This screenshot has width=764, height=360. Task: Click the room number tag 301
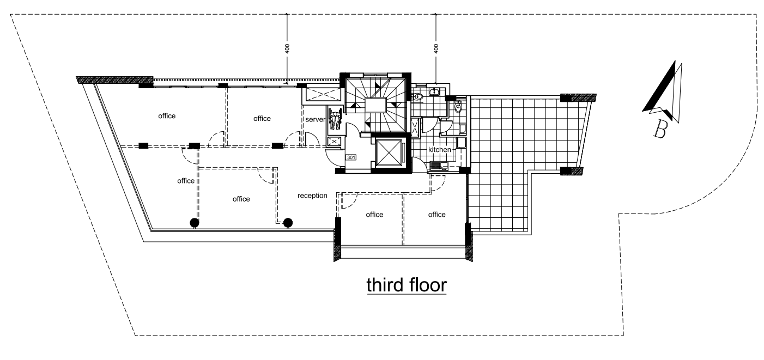coord(351,157)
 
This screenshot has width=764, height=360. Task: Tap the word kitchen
coord(440,150)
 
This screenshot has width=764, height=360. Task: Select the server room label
coord(315,119)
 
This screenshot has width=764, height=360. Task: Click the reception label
coord(312,196)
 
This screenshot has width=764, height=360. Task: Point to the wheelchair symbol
coord(335,118)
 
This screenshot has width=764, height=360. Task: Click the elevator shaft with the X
coord(389,152)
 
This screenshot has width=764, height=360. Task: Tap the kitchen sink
coord(439,166)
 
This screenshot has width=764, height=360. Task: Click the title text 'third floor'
coord(407,285)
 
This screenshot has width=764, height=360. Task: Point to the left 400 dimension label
coord(287,48)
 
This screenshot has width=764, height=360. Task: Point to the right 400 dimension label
coord(435,48)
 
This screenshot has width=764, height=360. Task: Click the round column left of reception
coord(288,223)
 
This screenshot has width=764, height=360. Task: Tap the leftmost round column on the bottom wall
coord(195,223)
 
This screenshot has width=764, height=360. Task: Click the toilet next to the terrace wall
coord(458,107)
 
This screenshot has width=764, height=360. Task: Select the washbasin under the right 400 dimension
coord(434,91)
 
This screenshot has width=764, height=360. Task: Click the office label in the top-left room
coord(167,116)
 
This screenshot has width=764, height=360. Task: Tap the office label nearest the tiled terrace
coord(437,215)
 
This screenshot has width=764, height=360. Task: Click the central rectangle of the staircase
coord(376,105)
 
